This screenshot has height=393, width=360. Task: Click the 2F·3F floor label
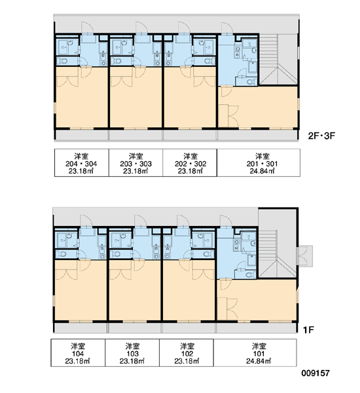coord(321,136)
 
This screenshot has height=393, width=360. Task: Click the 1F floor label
coord(308,330)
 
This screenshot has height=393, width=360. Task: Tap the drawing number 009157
coord(315,373)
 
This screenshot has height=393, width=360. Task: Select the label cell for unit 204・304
coord(82,162)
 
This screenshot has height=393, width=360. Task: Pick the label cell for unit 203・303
coord(135,162)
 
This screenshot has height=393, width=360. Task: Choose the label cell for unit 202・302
coord(190,162)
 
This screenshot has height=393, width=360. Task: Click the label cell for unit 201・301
coord(259,162)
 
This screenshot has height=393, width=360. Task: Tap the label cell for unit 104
coord(78,352)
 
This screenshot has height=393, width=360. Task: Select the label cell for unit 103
coord(132,352)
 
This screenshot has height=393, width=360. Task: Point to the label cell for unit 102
coord(187,352)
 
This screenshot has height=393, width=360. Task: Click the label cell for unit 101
coord(255,352)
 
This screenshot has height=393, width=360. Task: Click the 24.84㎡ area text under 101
coord(259,361)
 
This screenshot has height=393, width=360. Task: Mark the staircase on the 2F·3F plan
coord(278,60)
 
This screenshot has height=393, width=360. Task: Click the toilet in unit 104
coord(62,254)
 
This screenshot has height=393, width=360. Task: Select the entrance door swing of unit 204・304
coord(88,28)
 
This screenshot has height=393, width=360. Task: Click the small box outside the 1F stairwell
coord(304,256)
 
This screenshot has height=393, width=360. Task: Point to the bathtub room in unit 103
coord(120,240)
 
